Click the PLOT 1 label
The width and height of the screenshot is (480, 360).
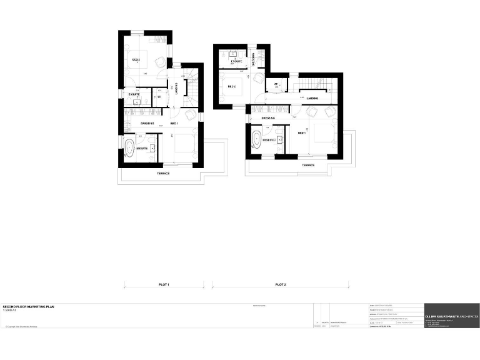(x=164, y=285)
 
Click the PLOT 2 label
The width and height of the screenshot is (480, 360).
(x=280, y=285)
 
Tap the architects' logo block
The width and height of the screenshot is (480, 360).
(x=452, y=316)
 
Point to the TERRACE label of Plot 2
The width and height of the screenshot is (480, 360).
(x=308, y=165)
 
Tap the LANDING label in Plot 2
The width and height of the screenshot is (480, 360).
(x=312, y=98)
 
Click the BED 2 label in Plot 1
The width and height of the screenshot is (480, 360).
(x=135, y=60)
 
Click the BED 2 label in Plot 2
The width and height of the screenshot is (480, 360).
(x=232, y=86)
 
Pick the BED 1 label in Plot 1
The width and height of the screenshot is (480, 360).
(x=174, y=123)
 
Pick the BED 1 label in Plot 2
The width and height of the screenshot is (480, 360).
(x=301, y=132)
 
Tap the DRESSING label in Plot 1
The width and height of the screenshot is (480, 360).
(x=147, y=123)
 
